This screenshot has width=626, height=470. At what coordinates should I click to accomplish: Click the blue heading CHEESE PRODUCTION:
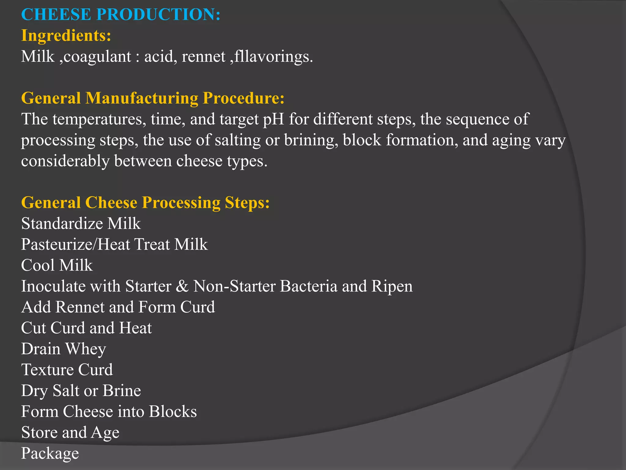click(121, 14)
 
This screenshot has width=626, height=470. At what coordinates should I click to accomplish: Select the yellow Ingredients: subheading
click(66, 35)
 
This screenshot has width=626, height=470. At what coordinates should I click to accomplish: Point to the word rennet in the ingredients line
click(203, 57)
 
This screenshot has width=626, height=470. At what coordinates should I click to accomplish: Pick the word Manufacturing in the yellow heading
click(142, 98)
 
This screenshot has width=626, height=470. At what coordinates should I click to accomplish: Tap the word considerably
click(65, 161)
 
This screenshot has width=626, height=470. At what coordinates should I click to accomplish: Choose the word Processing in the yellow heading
click(181, 203)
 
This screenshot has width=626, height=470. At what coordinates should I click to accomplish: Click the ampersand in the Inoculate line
click(182, 286)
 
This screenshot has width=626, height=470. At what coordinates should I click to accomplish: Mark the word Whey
click(86, 349)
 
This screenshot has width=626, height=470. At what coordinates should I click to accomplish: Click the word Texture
click(43, 370)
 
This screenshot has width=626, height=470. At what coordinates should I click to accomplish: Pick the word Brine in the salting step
click(122, 391)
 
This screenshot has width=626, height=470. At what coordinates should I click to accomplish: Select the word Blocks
click(173, 412)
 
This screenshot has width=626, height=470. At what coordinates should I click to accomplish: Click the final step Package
click(50, 453)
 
